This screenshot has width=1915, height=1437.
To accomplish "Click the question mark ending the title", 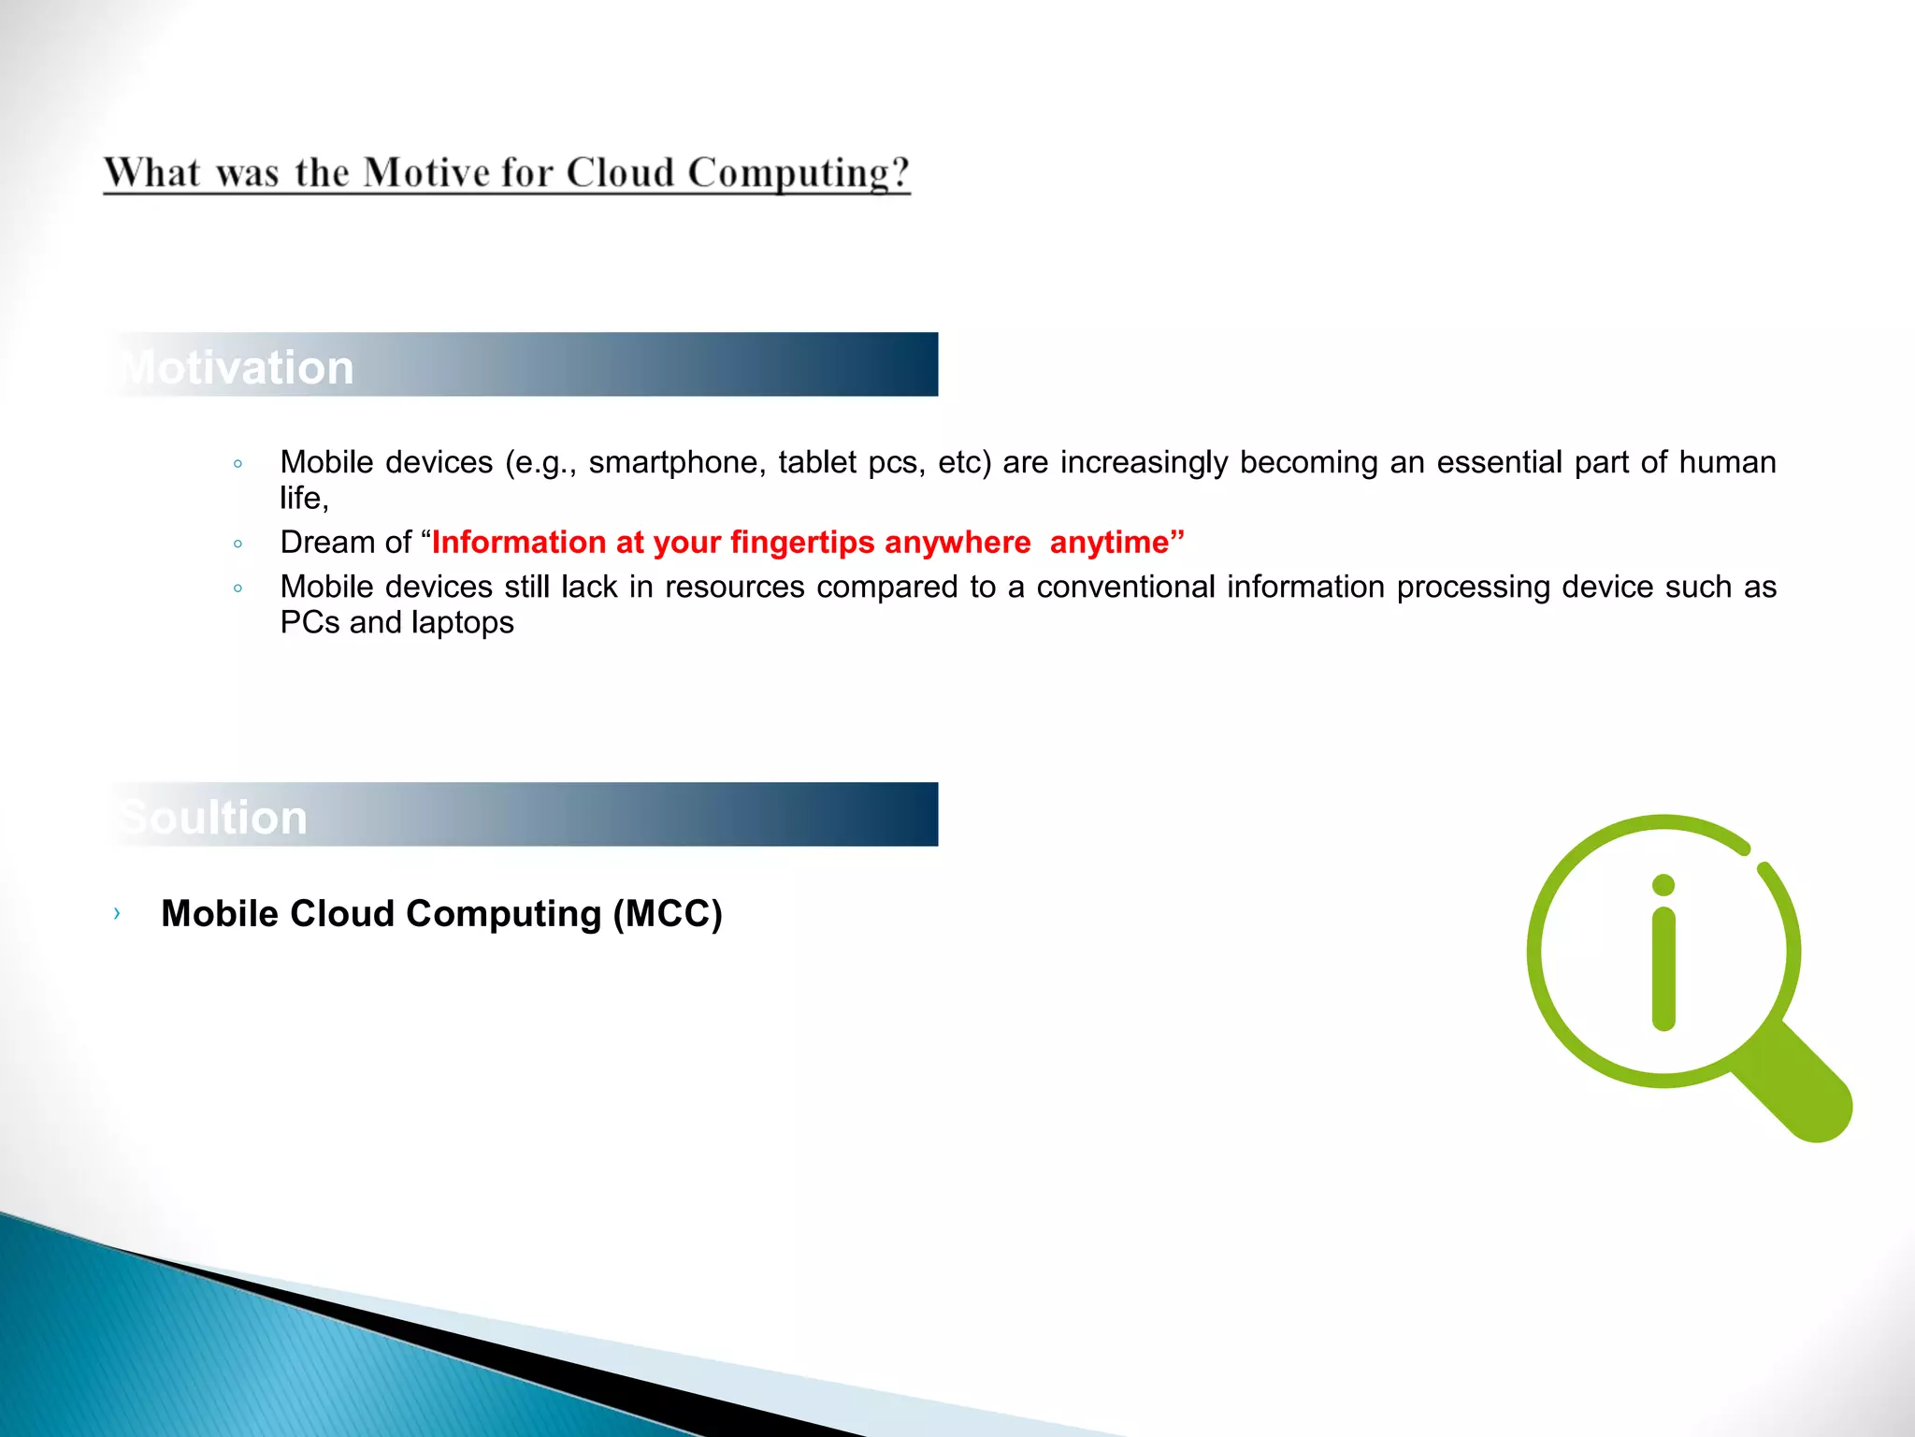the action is click(900, 173).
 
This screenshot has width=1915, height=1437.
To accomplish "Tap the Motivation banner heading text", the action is click(238, 367).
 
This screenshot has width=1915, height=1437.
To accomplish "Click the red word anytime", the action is click(1110, 543).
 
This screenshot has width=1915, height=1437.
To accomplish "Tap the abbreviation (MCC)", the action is click(668, 913).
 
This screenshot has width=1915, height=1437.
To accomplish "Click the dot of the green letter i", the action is click(1663, 885).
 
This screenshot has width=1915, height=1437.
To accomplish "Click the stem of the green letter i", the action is click(1663, 968).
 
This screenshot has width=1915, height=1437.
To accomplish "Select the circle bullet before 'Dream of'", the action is click(238, 544).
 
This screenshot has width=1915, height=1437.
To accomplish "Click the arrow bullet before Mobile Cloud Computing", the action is click(117, 913).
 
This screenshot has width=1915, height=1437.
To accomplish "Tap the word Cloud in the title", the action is click(620, 173).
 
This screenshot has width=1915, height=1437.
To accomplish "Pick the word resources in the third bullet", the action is click(734, 587).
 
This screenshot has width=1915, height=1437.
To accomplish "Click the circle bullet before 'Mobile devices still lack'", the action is click(238, 588).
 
